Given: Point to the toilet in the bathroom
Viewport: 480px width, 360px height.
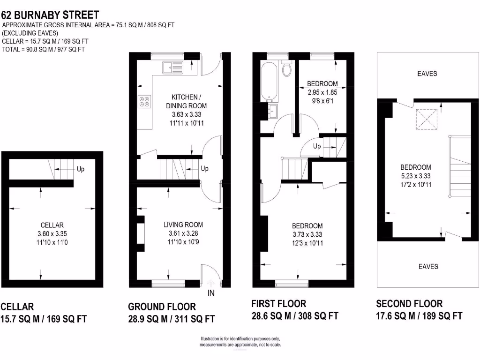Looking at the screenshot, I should click(x=287, y=69).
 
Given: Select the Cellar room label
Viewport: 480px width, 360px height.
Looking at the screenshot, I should click(x=52, y=225).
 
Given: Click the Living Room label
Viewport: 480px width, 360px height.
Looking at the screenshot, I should click(x=186, y=225).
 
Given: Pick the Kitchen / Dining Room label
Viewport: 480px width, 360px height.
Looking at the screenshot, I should click(x=186, y=102).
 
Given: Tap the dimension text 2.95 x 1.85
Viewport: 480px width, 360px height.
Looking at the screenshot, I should click(x=322, y=92).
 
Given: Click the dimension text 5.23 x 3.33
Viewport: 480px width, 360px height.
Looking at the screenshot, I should click(x=415, y=176).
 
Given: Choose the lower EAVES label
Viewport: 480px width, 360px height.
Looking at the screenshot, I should click(x=428, y=266).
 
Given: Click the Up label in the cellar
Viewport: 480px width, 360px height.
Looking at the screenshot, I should click(x=81, y=169).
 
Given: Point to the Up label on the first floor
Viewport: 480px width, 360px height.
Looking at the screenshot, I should click(x=317, y=146).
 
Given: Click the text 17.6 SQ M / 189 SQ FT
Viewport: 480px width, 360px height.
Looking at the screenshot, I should click(x=420, y=316).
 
